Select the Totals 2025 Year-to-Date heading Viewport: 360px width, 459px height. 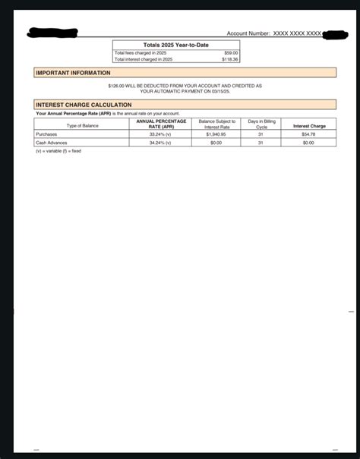coord(175,46)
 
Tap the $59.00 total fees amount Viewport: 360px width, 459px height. coord(230,52)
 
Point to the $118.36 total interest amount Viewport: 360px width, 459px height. coord(229,58)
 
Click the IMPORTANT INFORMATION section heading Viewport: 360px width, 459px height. coord(73,73)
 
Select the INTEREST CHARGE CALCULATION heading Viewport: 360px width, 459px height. coord(84,105)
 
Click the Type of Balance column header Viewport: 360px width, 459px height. coord(83,126)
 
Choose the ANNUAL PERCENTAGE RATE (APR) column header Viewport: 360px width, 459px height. coord(159,124)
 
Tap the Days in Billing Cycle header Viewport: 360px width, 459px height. coord(261,124)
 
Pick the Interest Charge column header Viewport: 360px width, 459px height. coord(309,126)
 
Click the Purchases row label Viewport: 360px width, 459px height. coord(46,134)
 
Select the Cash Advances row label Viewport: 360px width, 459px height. coord(52,143)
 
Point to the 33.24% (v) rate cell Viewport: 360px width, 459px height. coord(160,134)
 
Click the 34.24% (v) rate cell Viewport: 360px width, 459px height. coord(160,143)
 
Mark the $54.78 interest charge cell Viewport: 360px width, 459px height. coord(308,134)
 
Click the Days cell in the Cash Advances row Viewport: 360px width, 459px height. coord(261,143)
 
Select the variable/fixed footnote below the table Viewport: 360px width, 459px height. coord(58,151)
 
